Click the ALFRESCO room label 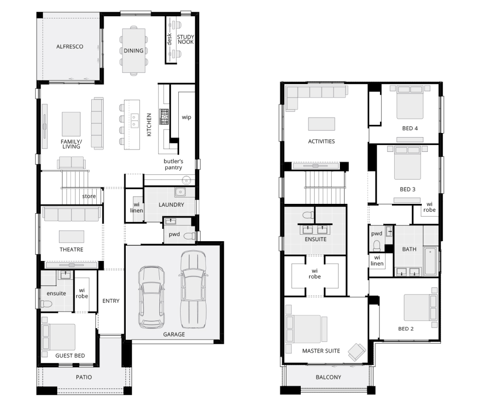pos(70,46)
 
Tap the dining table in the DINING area pos(134,51)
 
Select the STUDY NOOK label pos(186,40)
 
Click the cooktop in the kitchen pos(164,117)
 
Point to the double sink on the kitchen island pos(134,121)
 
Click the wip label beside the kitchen pos(187,117)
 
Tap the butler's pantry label pos(173,164)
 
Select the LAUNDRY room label pos(171,204)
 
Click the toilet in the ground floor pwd pos(191,235)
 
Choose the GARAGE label pos(174,334)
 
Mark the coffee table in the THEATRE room pos(71,237)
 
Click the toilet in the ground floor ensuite pos(46,304)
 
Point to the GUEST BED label pos(70,356)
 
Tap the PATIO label pos(84,377)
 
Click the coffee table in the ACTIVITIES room pos(321,124)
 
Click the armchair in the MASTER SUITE pos(357,352)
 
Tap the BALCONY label pos(328,377)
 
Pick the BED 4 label pos(410,128)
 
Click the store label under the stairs pos(89,196)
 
